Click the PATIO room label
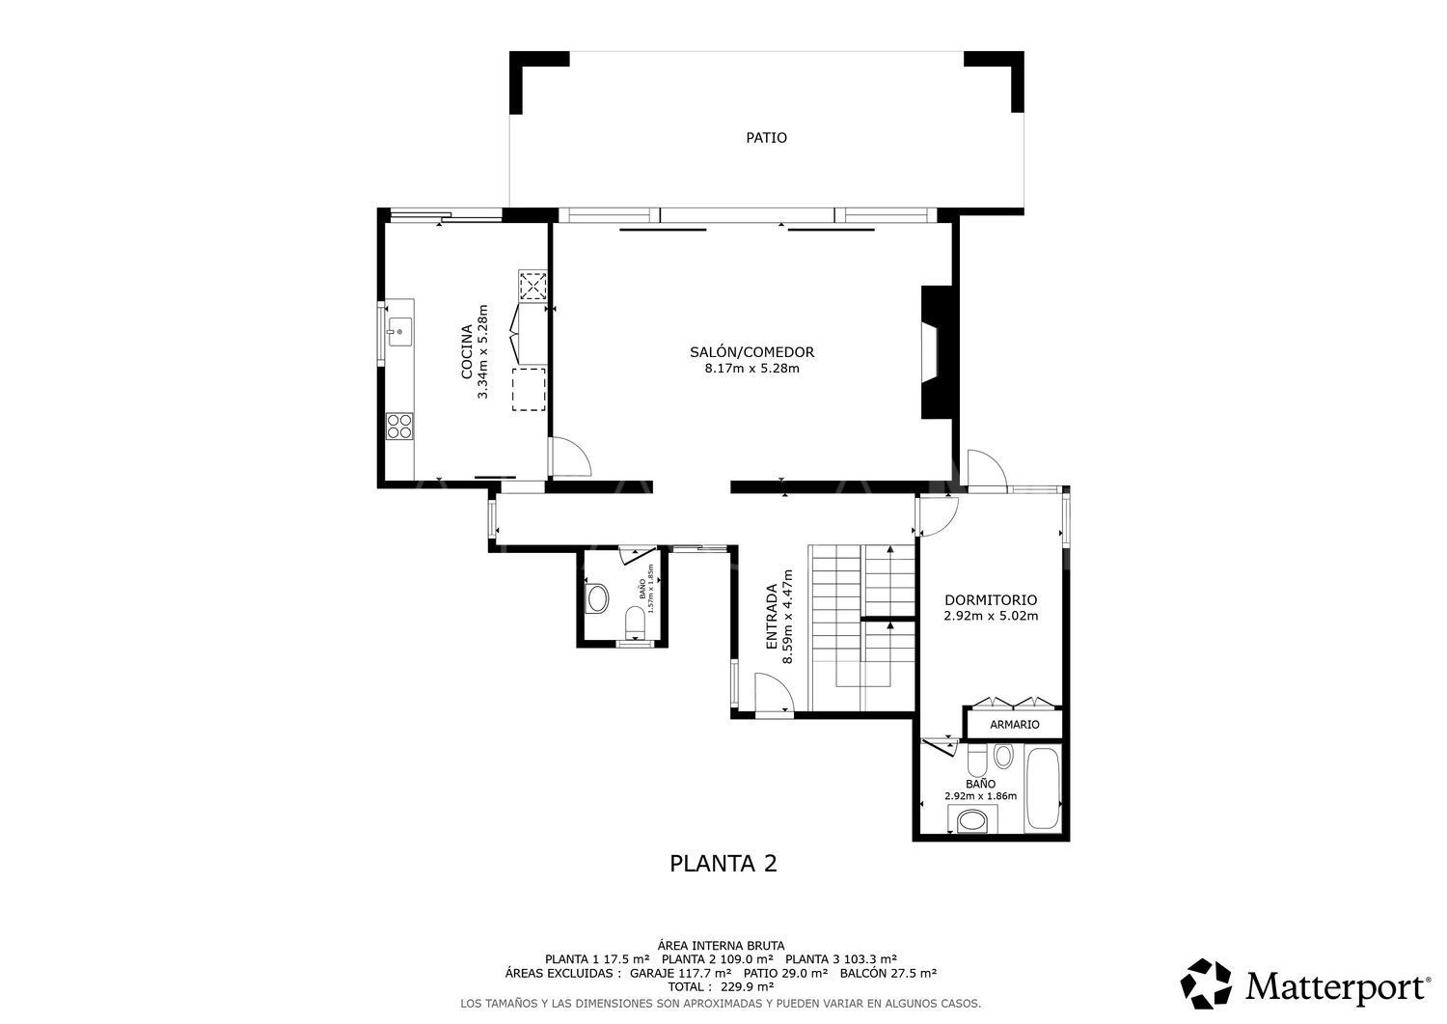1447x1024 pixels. tap(766, 138)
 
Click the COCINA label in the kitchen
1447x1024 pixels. tap(466, 352)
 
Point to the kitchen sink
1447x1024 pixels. tap(398, 332)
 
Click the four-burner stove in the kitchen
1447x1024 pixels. tap(399, 426)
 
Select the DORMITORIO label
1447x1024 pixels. tap(990, 598)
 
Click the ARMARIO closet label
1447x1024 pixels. tap(1014, 724)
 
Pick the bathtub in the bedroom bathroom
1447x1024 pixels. tap(1042, 788)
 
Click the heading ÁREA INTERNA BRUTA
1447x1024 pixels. tap(721, 945)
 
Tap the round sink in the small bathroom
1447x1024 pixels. tap(597, 598)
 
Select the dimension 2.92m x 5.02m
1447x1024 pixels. tap(990, 616)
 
